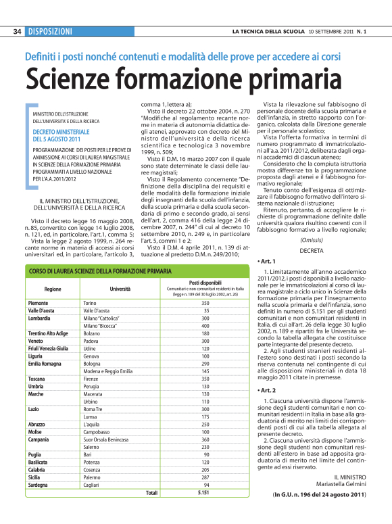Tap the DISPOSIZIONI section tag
(50, 31)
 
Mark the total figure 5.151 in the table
(205, 494)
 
